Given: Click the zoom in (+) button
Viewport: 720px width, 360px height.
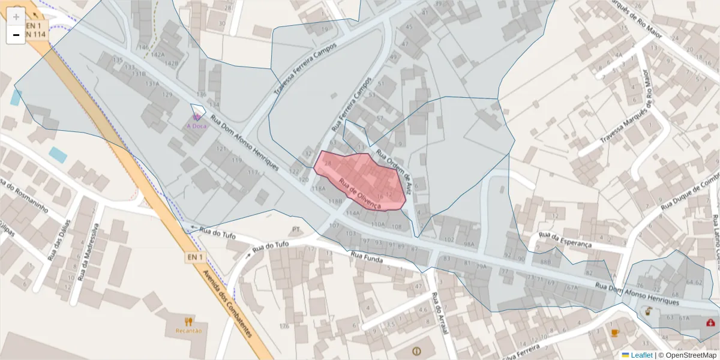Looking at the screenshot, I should pyautogui.click(x=16, y=17).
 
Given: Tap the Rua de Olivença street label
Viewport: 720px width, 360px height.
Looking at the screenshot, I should pyautogui.click(x=360, y=193).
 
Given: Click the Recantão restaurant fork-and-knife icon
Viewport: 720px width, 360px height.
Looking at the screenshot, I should pyautogui.click(x=189, y=322).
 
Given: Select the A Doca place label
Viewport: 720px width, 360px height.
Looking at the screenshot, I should pyautogui.click(x=197, y=126).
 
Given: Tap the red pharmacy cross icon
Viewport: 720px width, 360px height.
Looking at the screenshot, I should pyautogui.click(x=711, y=323).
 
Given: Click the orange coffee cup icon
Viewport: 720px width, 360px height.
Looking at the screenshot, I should pyautogui.click(x=614, y=333).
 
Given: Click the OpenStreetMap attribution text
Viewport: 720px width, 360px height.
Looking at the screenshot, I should pyautogui.click(x=689, y=355).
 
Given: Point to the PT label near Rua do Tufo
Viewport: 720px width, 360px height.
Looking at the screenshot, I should pyautogui.click(x=295, y=229).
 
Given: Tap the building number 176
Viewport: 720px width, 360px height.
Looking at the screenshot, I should pyautogui.click(x=284, y=326).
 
